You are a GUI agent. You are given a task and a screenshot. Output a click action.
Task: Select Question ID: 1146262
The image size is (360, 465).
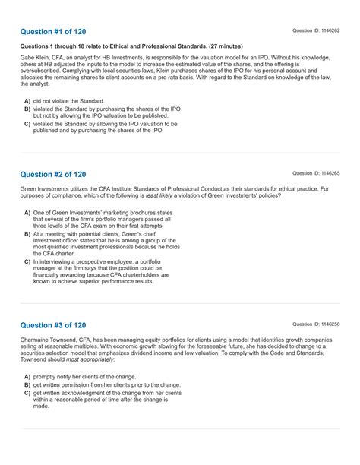pos(316,30)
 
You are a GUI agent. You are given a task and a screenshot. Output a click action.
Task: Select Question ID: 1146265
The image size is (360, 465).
pos(316,173)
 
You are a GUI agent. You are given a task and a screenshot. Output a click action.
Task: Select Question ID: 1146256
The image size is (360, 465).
pos(316,324)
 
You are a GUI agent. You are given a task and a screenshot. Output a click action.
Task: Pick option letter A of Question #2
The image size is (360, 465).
pos(27,213)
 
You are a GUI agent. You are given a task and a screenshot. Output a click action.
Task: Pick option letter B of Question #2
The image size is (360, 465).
pos(27,235)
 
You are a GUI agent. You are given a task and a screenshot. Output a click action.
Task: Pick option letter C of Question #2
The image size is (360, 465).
pos(27,262)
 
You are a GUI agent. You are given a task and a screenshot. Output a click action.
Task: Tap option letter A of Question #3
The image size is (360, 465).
pos(27,377)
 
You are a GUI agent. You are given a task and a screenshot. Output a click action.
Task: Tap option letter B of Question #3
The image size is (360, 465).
pos(27,385)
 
